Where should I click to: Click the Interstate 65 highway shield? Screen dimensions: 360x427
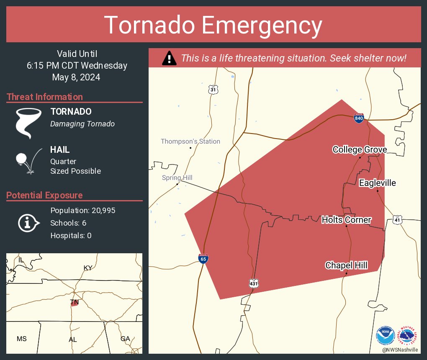pos(203,259)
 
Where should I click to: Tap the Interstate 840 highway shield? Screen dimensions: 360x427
pos(359,118)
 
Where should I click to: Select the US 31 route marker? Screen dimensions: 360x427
pos(213,89)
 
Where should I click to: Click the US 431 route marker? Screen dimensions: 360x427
pos(254,283)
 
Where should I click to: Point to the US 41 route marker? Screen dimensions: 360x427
pos(398,219)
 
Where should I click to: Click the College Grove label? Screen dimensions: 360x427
pos(360,149)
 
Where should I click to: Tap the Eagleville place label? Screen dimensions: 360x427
pos(377,183)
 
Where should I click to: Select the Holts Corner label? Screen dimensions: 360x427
pos(346,220)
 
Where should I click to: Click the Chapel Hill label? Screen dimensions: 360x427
pos(346,265)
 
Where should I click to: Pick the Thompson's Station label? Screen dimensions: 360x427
pos(190,141)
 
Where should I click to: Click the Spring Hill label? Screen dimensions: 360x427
pos(177,178)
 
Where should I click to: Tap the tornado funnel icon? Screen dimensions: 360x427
pos(28,123)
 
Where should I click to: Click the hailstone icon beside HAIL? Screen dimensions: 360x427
pos(22,159)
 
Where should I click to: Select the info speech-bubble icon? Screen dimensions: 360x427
pos(28,223)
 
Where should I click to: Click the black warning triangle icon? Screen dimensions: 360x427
pos(169,58)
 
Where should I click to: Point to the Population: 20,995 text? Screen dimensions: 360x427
pos(82,211)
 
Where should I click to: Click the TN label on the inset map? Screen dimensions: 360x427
pos(74,302)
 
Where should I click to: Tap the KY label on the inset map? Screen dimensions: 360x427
pos(88,268)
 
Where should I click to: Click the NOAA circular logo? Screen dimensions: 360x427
pos(385,336)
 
